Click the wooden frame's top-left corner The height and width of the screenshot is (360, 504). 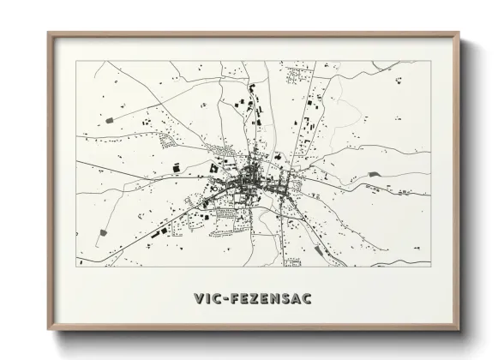pyautogui.click(x=49, y=33)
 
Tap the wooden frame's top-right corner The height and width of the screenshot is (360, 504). pyautogui.click(x=459, y=33)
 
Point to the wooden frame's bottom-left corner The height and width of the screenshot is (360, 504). pyautogui.click(x=49, y=331)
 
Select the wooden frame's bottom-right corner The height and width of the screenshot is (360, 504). pyautogui.click(x=459, y=331)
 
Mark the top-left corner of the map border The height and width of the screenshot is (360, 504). pyautogui.click(x=76, y=61)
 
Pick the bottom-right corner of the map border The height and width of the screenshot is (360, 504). pyautogui.click(x=430, y=267)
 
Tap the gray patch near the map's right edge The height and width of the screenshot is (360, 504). pyautogui.click(x=374, y=175)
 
